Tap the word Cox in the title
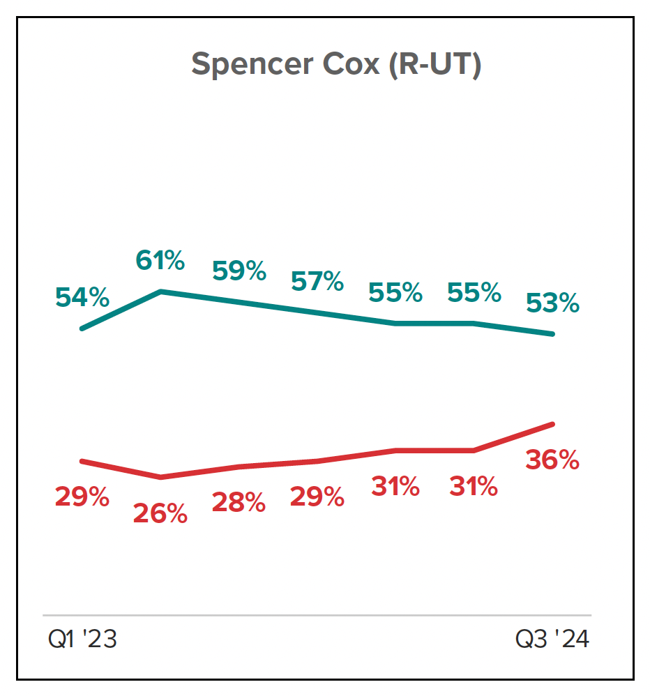click(354, 65)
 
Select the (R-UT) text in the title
click(434, 65)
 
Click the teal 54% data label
click(82, 298)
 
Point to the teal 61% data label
click(160, 262)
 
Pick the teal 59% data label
click(239, 271)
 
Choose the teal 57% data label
click(317, 282)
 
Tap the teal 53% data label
click(553, 303)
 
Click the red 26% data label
click(160, 514)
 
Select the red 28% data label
click(239, 502)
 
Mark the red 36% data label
click(553, 460)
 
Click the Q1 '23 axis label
click(82, 639)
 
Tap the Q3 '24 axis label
click(552, 639)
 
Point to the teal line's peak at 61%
click(161, 292)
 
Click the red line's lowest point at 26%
click(161, 478)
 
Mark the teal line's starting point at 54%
click(82, 328)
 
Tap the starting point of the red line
click(82, 461)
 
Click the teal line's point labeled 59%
click(239, 302)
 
